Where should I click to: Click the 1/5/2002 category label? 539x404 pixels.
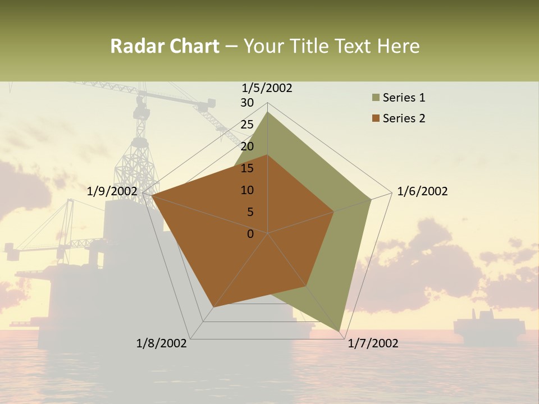tap(267, 88)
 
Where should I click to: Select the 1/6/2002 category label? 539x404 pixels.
tap(422, 191)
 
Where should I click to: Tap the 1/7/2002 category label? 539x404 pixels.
tap(373, 343)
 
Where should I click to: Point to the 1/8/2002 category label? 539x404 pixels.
tap(162, 343)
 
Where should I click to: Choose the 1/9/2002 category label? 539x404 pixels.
tap(112, 191)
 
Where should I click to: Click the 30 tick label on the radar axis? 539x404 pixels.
tap(247, 103)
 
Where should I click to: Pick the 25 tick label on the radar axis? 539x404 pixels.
tap(247, 125)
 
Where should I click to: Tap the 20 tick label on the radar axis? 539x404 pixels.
tap(247, 146)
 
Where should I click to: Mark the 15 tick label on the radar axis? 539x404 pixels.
tap(247, 168)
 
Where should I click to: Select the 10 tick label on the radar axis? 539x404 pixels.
tap(247, 190)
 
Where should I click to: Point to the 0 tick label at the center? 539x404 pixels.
tap(250, 234)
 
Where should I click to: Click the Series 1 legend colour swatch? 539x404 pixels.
tap(376, 98)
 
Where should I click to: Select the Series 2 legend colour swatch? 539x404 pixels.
tap(376, 118)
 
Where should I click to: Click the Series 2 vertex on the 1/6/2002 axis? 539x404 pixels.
tap(334, 212)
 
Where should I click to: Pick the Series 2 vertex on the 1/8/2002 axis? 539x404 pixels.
tap(213, 307)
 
